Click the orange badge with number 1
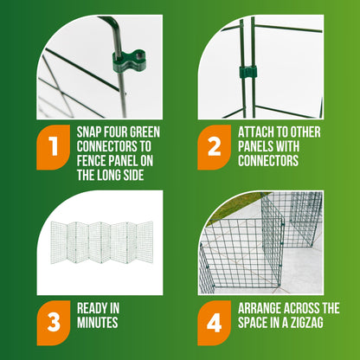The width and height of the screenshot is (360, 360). coord(54,147)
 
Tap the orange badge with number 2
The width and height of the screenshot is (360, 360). coord(215,147)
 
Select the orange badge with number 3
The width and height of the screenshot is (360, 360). coord(54,323)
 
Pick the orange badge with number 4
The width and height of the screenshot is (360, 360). coord(215,323)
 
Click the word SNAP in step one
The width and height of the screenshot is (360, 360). coord(89,132)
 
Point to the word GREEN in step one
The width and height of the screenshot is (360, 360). coord(145,132)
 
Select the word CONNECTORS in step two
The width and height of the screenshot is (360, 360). coord(268,161)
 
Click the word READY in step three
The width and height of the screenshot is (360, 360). coord(90,308)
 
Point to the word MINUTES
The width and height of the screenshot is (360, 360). coord(98,323)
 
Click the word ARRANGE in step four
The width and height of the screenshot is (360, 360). coord(259,308)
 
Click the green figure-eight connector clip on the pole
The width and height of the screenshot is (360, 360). coord(129,60)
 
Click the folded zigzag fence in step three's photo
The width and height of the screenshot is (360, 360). coord(102,242)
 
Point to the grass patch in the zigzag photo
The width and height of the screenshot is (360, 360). coord(231,209)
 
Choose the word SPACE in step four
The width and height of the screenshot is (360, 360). coord(253,323)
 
